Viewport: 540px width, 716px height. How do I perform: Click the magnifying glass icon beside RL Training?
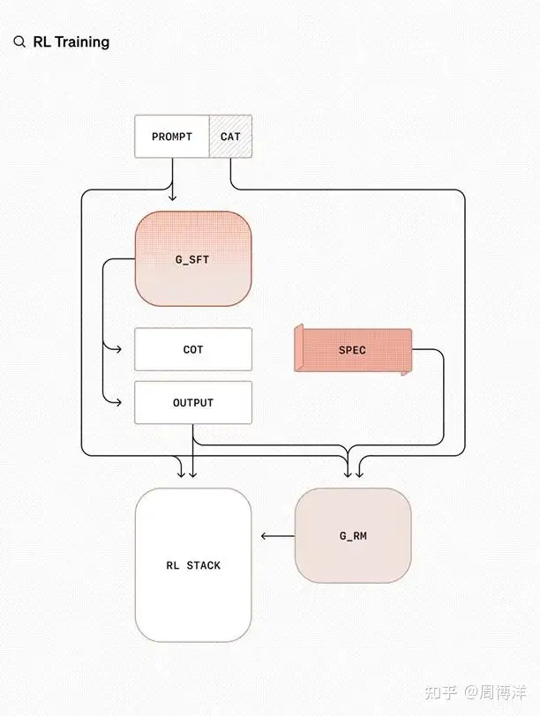19,42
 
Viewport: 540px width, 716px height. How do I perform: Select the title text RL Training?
71,42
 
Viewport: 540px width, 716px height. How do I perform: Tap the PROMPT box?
172,137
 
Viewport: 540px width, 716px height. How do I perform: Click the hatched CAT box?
230,137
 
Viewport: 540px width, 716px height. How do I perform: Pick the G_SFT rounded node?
193,258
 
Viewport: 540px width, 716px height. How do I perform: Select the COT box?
193,349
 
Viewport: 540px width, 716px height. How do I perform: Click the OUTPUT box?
193,402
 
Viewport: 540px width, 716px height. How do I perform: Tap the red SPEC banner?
353,350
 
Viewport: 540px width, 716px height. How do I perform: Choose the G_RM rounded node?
353,535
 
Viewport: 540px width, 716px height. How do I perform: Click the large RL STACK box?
193,565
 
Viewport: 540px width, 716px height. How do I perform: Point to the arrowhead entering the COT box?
117,349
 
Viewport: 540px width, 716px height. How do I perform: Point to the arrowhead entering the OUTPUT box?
117,402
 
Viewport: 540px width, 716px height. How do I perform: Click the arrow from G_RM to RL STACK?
277,535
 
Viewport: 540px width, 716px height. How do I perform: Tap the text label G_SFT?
193,260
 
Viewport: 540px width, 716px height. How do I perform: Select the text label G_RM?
353,536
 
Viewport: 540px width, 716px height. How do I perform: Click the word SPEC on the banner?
352,350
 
